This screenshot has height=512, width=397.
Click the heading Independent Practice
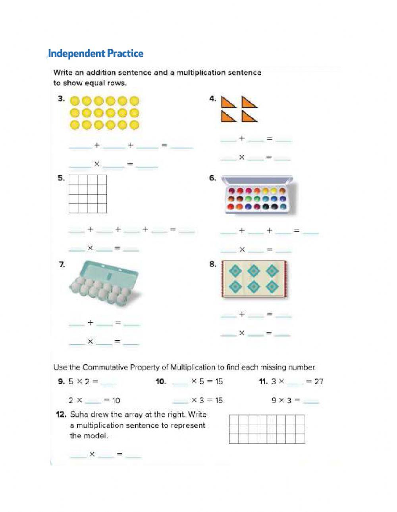pos(95,54)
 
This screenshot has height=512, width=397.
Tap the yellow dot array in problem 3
pos(105,113)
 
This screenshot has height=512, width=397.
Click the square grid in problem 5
pos(88,194)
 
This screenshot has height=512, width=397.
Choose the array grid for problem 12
pos(267,429)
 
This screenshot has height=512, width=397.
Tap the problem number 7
pos(62,265)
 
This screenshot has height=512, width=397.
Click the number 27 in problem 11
pos(318,382)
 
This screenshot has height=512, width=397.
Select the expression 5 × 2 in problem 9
pos(78,382)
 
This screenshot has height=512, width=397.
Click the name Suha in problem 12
pos(79,414)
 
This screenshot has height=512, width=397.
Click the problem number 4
pos(212,99)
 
